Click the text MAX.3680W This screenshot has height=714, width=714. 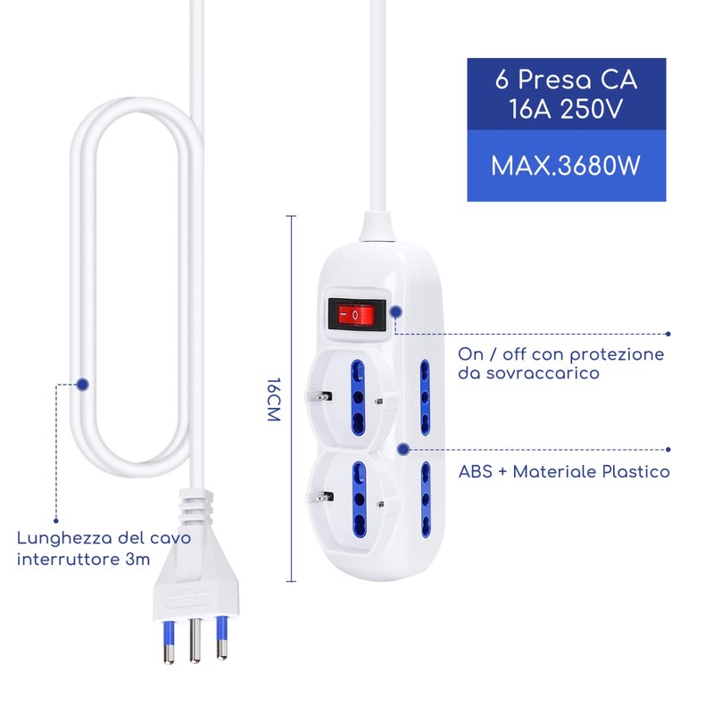coord(567,166)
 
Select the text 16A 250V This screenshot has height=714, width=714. coord(567,110)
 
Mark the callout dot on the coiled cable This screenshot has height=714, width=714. coord(83,385)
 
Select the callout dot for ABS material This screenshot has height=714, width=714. coord(403,450)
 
